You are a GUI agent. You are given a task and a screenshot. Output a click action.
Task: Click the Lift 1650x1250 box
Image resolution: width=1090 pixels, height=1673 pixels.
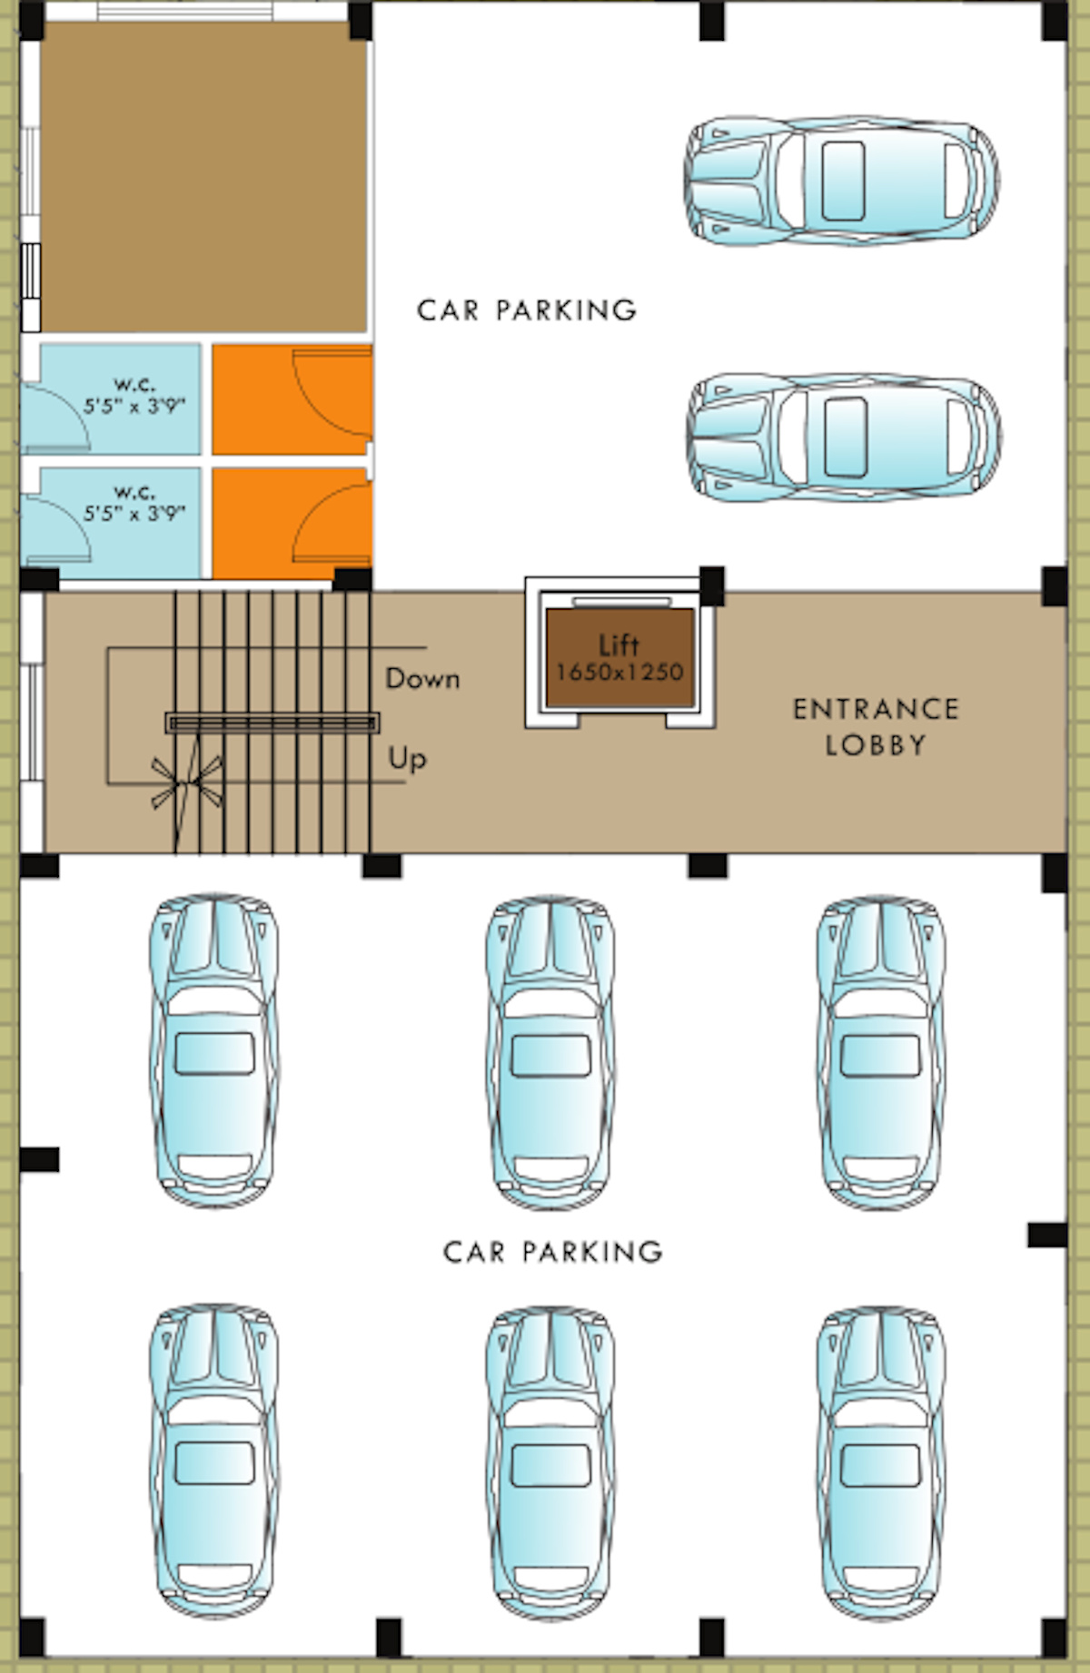point(619,658)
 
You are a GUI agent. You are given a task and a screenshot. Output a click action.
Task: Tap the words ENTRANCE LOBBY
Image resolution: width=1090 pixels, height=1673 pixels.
point(876,727)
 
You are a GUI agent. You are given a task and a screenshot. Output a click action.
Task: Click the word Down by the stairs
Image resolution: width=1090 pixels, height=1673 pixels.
point(422,678)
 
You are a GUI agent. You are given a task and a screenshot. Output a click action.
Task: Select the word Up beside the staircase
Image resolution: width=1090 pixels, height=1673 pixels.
point(407,758)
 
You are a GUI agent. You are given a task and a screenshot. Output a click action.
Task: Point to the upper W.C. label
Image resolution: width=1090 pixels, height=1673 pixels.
point(134,395)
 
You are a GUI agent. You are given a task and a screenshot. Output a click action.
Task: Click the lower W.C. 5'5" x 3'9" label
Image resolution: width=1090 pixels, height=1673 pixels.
point(134,503)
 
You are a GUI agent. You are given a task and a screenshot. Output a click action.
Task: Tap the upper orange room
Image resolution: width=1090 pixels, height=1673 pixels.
point(292,399)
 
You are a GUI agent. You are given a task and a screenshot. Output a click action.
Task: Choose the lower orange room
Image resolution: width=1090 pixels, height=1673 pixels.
point(292,523)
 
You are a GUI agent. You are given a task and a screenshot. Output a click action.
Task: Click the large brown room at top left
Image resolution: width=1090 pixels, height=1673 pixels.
point(203,177)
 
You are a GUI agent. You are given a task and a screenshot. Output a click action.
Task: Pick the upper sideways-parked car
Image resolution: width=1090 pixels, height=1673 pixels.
point(841,181)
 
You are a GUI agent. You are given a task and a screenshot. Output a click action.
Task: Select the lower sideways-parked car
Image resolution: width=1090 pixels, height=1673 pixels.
point(844,437)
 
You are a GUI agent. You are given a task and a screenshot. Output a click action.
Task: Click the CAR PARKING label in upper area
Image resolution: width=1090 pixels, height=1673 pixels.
point(527,310)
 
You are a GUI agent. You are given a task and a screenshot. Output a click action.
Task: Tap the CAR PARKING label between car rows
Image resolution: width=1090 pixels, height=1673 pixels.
point(553,1252)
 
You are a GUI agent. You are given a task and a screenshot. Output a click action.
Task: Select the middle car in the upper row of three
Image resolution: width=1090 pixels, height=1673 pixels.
point(550,1052)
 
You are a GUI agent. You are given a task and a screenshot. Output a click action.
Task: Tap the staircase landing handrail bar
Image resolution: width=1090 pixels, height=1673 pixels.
point(272,723)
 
